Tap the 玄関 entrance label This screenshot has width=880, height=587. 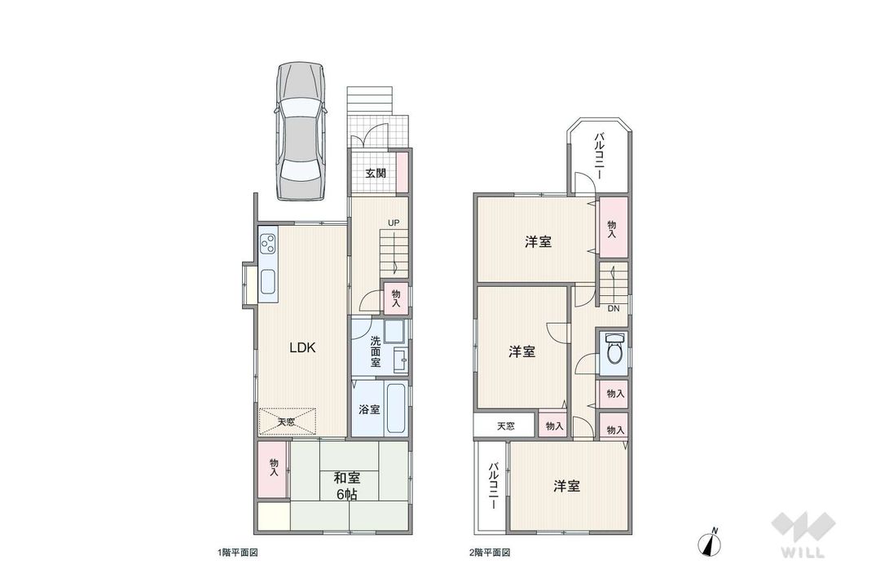pyautogui.click(x=375, y=173)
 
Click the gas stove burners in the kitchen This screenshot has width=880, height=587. pyautogui.click(x=269, y=243)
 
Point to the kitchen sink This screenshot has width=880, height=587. pyautogui.click(x=268, y=281)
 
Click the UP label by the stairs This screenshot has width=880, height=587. pyautogui.click(x=394, y=223)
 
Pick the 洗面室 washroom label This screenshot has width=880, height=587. pyautogui.click(x=376, y=352)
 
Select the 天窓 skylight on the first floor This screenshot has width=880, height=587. pyautogui.click(x=286, y=421)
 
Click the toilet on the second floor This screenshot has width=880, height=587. pyautogui.click(x=614, y=351)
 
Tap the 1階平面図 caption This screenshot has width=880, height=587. pyautogui.click(x=238, y=553)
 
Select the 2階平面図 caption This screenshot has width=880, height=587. pyautogui.click(x=491, y=553)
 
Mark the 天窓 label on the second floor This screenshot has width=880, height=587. pyautogui.click(x=505, y=426)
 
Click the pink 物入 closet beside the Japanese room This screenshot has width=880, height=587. pyautogui.click(x=274, y=467)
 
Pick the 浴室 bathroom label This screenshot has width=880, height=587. pyautogui.click(x=369, y=410)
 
